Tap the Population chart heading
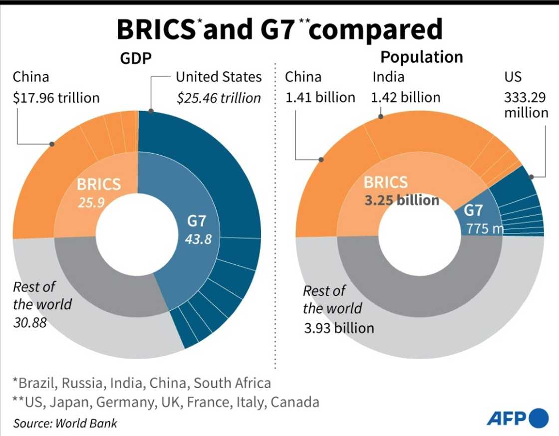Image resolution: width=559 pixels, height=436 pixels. coord(421,57)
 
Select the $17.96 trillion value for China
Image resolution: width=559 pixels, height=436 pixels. coord(56,97)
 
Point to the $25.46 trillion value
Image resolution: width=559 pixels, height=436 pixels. coord(219,98)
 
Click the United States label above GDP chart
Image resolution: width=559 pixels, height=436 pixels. coord(219,77)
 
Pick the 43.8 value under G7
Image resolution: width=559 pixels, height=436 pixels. coord(197,239)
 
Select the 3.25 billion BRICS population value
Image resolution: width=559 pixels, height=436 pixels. coord(402,200)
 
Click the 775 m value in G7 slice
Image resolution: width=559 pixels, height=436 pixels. coord(484,229)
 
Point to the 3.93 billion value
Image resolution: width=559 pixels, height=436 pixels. coord(338,328)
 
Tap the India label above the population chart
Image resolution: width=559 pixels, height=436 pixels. coord(388,77)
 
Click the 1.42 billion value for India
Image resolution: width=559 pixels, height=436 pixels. coord(405,97)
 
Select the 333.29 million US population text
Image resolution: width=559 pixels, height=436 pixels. coord(526,104)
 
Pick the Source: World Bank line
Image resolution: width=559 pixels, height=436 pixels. coord(65,423)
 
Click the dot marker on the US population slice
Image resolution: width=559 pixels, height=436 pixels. coord(532,177)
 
